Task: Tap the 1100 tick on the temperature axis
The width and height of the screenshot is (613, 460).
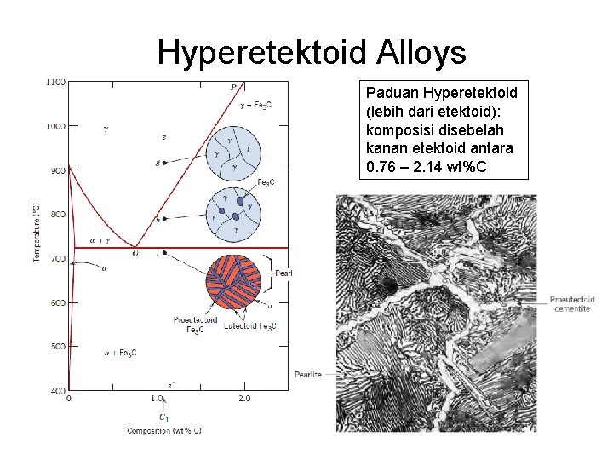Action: [55, 82]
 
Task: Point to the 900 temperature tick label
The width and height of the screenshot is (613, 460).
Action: [57, 170]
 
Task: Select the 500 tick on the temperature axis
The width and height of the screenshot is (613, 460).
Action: [57, 347]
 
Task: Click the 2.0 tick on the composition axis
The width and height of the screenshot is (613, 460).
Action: [244, 399]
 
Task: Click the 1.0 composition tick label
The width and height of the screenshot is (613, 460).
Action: [157, 399]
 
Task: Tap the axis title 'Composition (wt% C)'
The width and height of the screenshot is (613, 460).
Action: [164, 431]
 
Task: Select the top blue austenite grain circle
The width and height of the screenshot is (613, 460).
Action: [232, 150]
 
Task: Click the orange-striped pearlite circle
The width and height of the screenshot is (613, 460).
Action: [233, 282]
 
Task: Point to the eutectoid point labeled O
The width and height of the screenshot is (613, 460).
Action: [135, 253]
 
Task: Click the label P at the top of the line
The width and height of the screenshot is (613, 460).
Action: [233, 87]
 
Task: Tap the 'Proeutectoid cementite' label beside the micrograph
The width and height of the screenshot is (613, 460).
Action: [572, 304]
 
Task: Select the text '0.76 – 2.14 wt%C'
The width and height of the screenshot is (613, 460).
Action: [426, 167]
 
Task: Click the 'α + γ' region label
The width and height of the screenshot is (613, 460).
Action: [100, 240]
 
